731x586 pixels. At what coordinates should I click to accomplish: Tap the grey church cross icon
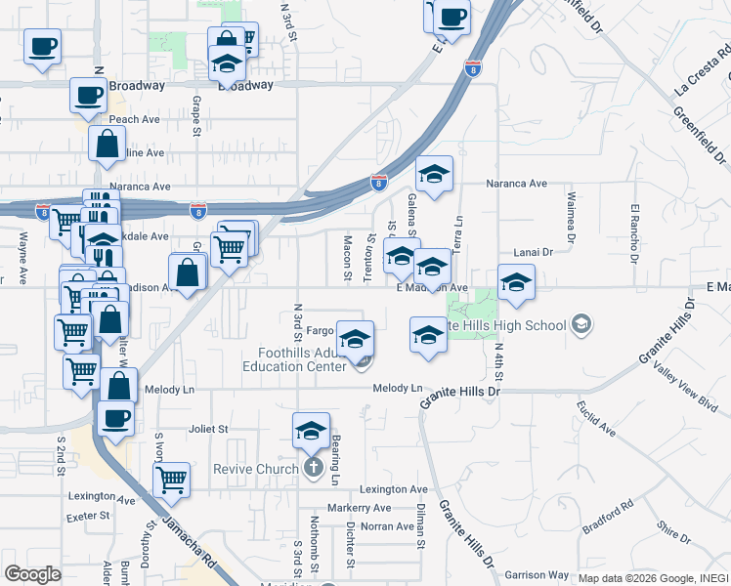pyautogui.click(x=314, y=467)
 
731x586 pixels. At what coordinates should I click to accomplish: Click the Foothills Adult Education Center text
pyautogui.click(x=295, y=360)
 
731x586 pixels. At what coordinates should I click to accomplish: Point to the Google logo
pyautogui.click(x=33, y=573)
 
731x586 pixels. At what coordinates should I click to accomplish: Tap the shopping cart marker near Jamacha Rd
pyautogui.click(x=171, y=480)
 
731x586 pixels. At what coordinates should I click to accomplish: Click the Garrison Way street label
pyautogui.click(x=537, y=574)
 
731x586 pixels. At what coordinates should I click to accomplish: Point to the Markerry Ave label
pyautogui.click(x=360, y=508)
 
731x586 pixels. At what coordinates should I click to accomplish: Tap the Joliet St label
pyautogui.click(x=207, y=428)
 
